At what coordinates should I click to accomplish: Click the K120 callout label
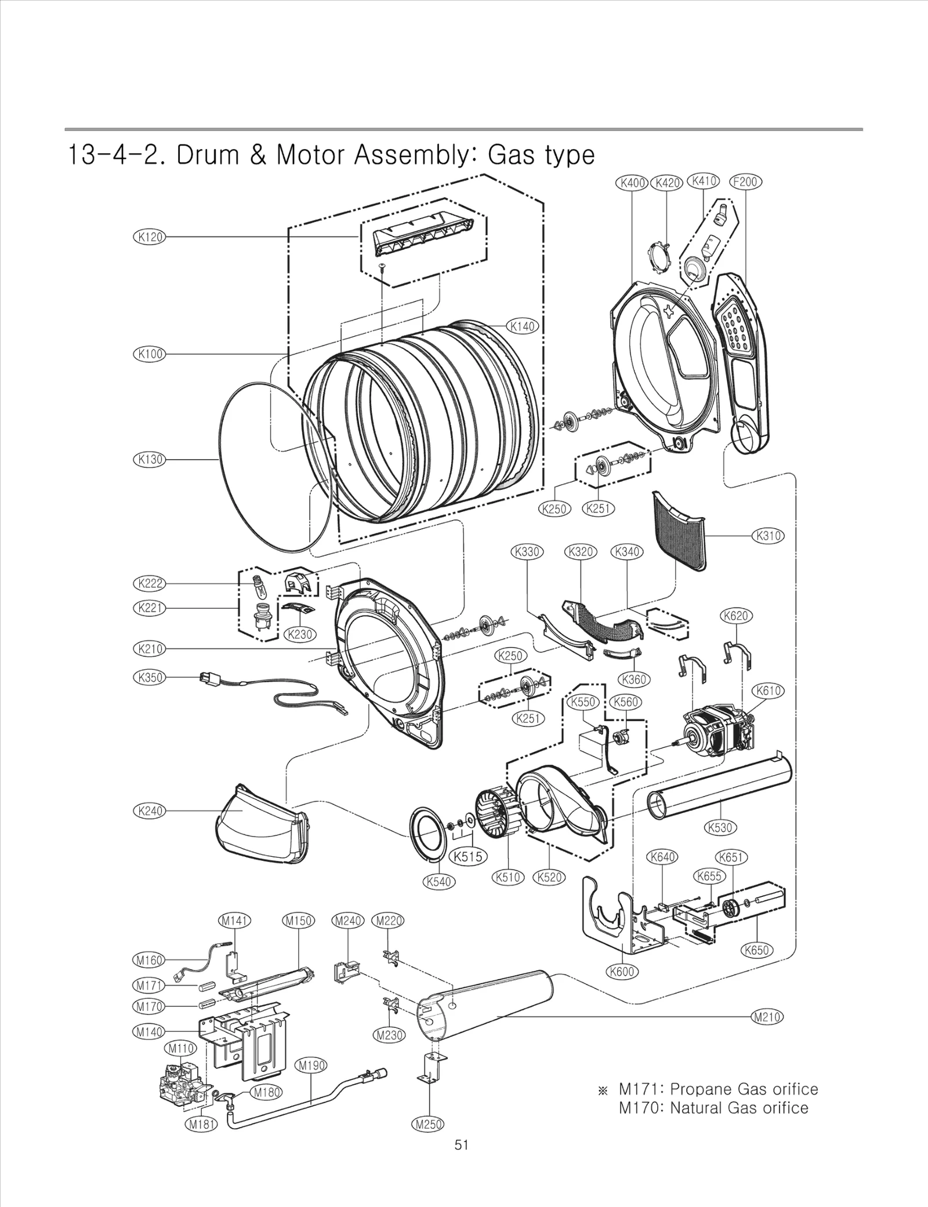(149, 237)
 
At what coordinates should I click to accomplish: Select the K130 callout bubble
(149, 459)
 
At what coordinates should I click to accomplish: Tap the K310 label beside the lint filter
(768, 536)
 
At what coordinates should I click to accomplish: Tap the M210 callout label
(767, 1017)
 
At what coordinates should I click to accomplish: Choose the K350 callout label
(149, 677)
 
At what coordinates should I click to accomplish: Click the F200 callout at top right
(745, 182)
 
